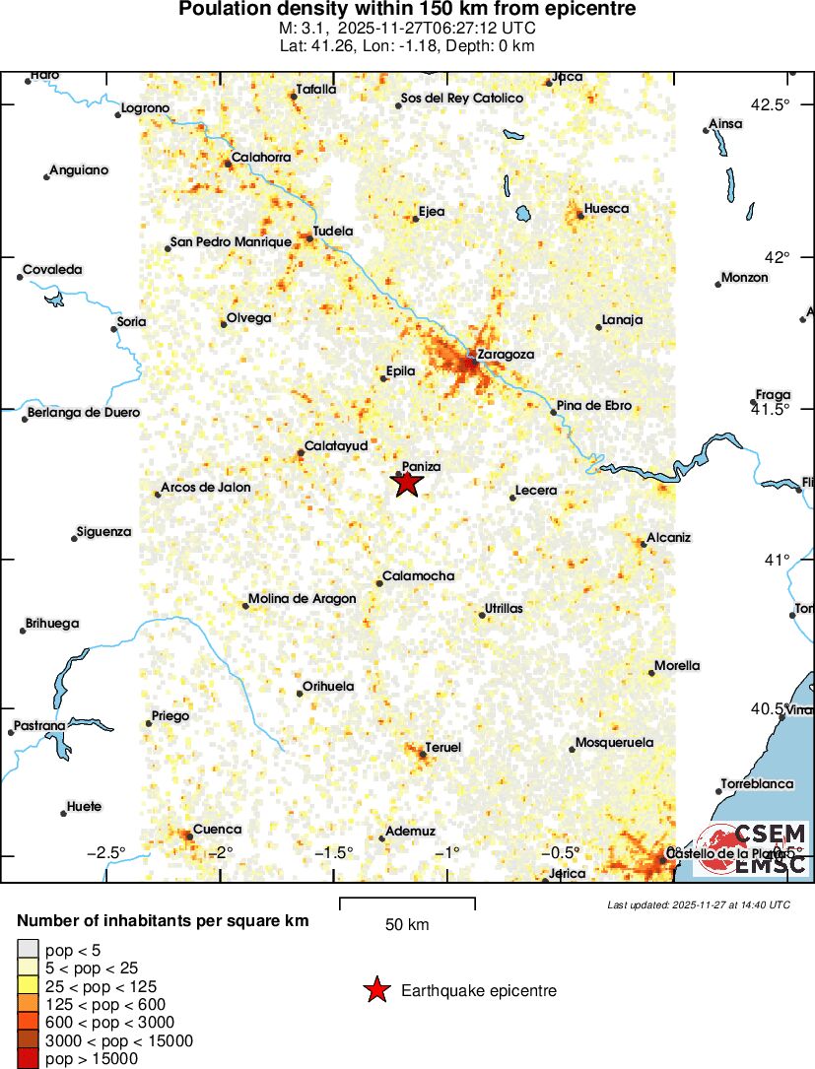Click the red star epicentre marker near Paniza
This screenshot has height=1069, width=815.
pyautogui.click(x=408, y=483)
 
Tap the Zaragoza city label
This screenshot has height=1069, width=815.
pyautogui.click(x=505, y=354)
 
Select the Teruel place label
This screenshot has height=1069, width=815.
pyautogui.click(x=442, y=748)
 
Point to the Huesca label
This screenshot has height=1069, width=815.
pyautogui.click(x=606, y=209)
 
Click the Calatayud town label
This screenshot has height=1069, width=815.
pyautogui.click(x=335, y=446)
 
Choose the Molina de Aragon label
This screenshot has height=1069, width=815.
pyautogui.click(x=301, y=599)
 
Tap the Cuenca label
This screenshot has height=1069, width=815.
pyautogui.click(x=217, y=830)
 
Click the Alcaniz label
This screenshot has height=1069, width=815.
pyautogui.click(x=670, y=537)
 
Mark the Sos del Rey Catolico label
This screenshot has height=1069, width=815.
pyautogui.click(x=461, y=99)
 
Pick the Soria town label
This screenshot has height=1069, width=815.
pyautogui.click(x=131, y=321)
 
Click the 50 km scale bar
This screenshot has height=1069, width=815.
pyautogui.click(x=407, y=903)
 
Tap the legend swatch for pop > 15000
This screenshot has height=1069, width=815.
pyautogui.click(x=27, y=1059)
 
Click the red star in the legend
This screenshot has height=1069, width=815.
pyautogui.click(x=376, y=991)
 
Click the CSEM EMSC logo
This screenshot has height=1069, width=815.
pyautogui.click(x=754, y=848)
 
